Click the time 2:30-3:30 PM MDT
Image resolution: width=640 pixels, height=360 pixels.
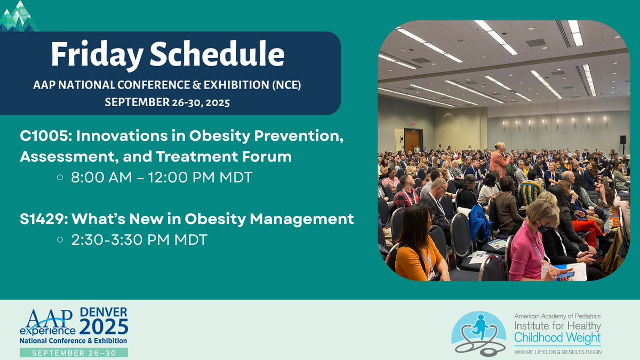pos(138,239)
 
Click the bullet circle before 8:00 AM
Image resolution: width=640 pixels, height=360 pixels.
pos(60,178)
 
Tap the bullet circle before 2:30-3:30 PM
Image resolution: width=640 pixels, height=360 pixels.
pos(60,240)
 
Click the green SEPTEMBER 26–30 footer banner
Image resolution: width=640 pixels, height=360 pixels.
pos(73,352)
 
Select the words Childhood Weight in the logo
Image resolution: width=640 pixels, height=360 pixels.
pos(557,337)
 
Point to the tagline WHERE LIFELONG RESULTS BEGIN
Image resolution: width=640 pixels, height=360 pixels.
pos(557,351)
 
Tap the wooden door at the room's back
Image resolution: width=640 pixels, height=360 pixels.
pos(413,140)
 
